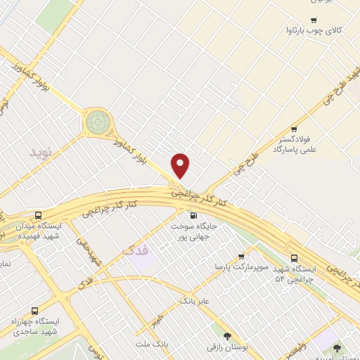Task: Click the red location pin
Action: pyautogui.click(x=181, y=165)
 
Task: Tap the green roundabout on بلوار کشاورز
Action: pyautogui.click(x=98, y=122)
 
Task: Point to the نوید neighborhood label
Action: pyautogui.click(x=40, y=152)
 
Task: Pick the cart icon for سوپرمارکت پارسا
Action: pyautogui.click(x=241, y=257)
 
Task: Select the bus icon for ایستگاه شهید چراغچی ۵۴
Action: pyautogui.click(x=294, y=257)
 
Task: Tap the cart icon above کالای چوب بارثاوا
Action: pyautogui.click(x=313, y=20)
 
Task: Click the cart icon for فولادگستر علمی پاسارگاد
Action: pyautogui.click(x=294, y=129)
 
